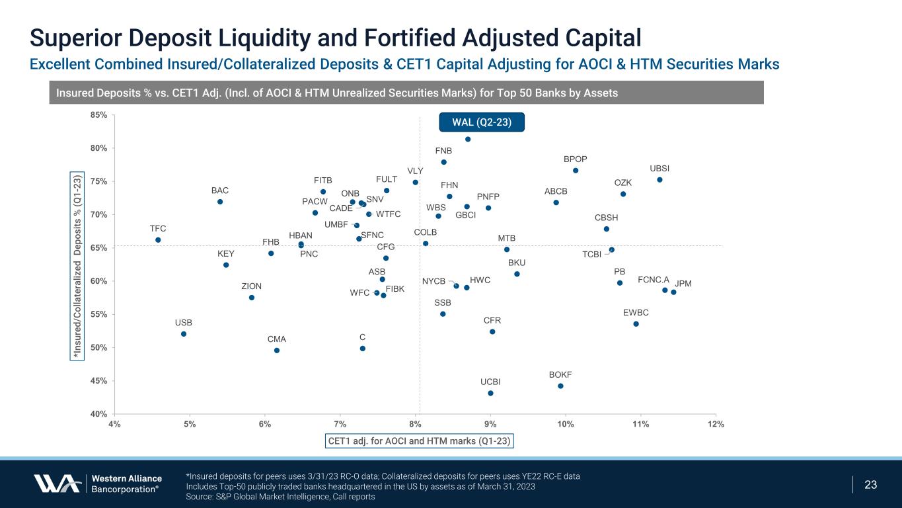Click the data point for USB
pyautogui.click(x=184, y=334)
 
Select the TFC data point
pyautogui.click(x=158, y=240)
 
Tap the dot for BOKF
pyautogui.click(x=560, y=386)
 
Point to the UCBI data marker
pyautogui.click(x=490, y=394)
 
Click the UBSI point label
pyautogui.click(x=659, y=169)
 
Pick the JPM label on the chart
pyautogui.click(x=684, y=284)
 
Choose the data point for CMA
pyautogui.click(x=277, y=351)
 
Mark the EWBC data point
pyautogui.click(x=636, y=324)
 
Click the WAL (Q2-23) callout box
pyautogui.click(x=482, y=122)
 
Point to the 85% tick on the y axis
pyautogui.click(x=98, y=115)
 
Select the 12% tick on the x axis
pyautogui.click(x=716, y=424)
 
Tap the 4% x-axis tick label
pyautogui.click(x=114, y=424)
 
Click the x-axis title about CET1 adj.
pyautogui.click(x=420, y=441)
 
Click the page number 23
pyautogui.click(x=871, y=485)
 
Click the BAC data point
pyautogui.click(x=220, y=202)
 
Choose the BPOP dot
pyautogui.click(x=576, y=171)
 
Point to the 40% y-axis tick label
pyautogui.click(x=98, y=414)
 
